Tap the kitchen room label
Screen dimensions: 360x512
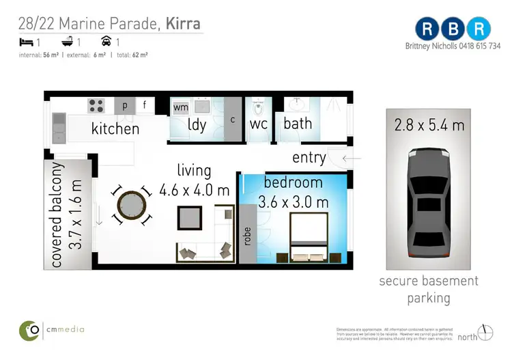coord(115,128)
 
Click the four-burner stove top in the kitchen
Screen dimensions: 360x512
coord(96,106)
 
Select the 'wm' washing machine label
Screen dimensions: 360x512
coord(181,107)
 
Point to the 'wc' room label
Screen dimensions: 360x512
coord(258,125)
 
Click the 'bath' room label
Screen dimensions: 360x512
coord(298,124)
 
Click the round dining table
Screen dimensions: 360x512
coord(131,206)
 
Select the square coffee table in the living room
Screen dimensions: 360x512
coord(190,218)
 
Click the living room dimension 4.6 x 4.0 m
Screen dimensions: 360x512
coord(194,190)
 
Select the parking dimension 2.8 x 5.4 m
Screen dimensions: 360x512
coord(429,125)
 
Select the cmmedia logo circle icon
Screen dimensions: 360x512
coord(29,329)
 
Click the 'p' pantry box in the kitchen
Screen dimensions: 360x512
coord(125,105)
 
